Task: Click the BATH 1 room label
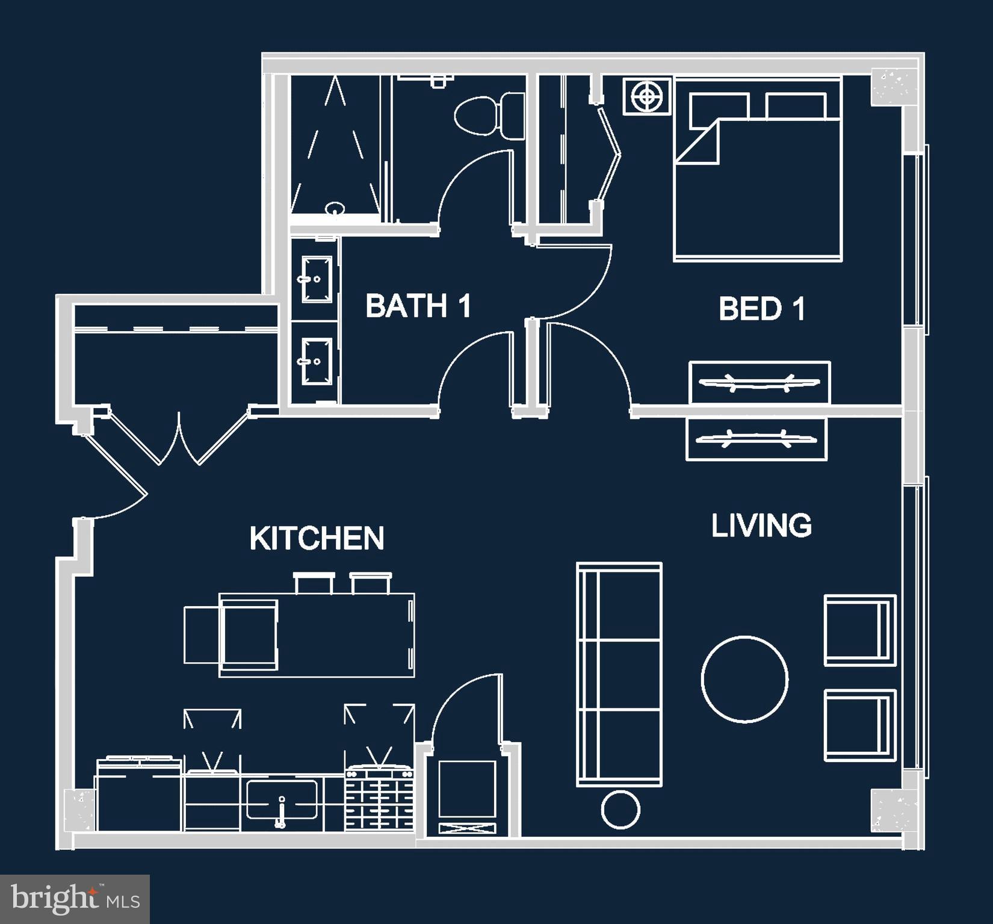click(418, 306)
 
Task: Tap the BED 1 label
click(761, 309)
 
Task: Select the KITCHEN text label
click(317, 538)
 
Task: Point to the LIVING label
click(761, 526)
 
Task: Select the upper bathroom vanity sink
click(317, 279)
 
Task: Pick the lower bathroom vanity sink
click(317, 361)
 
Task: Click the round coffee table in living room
click(744, 678)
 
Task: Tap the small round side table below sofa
click(620, 810)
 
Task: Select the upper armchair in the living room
click(859, 630)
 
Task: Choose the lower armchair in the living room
click(859, 725)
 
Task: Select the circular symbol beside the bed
click(647, 96)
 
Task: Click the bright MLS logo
click(75, 899)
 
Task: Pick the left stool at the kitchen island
click(314, 583)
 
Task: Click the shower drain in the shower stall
click(335, 208)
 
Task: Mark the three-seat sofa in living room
click(619, 674)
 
